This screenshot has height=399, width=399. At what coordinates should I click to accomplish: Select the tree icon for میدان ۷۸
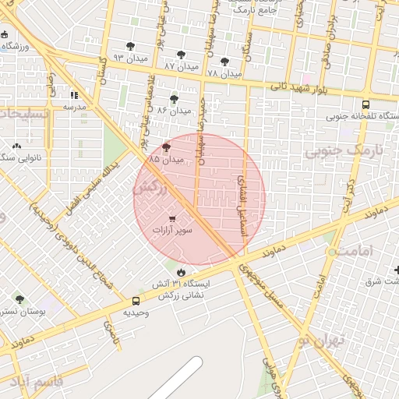click(x=224, y=62)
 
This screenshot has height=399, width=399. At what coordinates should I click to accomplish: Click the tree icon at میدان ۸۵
click(x=166, y=147)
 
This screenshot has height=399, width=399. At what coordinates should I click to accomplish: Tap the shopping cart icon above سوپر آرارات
click(x=171, y=219)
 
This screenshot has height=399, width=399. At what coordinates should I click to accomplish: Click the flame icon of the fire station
click(x=182, y=272)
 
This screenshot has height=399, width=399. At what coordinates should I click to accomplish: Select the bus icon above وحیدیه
click(x=136, y=301)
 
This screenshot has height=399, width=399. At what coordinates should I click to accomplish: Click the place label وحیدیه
click(x=136, y=312)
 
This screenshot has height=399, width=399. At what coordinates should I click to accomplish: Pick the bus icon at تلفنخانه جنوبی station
click(x=366, y=104)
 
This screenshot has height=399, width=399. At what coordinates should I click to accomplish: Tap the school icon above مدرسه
click(x=74, y=94)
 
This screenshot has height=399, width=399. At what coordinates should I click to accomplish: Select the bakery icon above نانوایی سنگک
click(x=16, y=146)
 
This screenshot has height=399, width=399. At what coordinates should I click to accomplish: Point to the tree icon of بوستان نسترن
click(x=19, y=298)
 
